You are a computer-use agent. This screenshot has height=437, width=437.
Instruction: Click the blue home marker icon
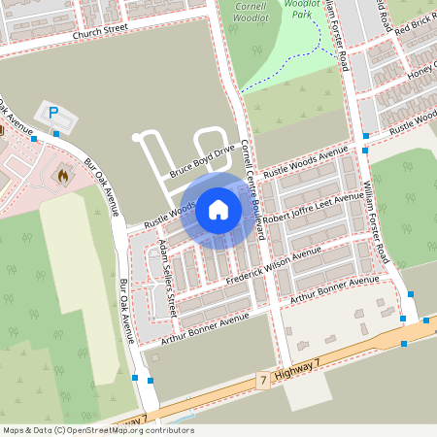218,209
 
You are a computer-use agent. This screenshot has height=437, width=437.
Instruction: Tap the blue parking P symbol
53,113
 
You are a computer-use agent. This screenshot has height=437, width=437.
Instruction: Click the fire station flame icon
64,177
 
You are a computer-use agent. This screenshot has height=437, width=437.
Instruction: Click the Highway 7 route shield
263,384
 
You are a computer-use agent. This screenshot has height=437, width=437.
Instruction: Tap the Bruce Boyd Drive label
202,160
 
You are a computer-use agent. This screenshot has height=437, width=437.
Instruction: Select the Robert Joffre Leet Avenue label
313,207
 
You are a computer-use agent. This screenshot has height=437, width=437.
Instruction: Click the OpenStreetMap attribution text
98,430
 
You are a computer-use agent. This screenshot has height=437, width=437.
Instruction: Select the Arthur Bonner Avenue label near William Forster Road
334,286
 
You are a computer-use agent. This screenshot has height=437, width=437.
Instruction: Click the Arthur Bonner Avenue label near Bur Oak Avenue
199,326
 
